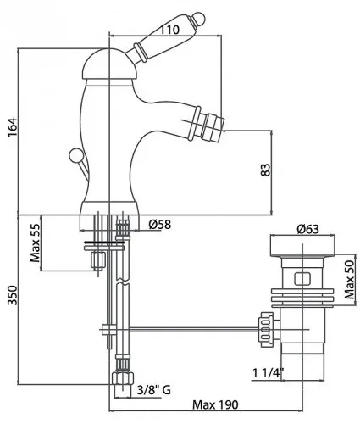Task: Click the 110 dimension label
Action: tap(169, 30)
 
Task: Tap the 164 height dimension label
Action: tap(13, 128)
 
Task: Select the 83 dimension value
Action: tap(265, 170)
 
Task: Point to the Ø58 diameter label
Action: tap(160, 225)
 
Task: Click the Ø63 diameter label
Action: tap(307, 229)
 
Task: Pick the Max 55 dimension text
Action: tap(36, 243)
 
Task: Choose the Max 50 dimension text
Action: tap(349, 280)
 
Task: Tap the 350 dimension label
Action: tap(13, 295)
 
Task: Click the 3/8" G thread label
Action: tap(154, 390)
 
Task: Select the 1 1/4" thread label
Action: tap(269, 373)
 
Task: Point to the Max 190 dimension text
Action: tap(215, 404)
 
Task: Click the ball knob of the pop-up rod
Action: tap(75, 155)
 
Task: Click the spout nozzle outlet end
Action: tap(214, 126)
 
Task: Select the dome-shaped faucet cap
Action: tap(110, 64)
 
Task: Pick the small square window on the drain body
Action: tap(302, 279)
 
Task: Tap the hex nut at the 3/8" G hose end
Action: tap(123, 379)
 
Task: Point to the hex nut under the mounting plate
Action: tap(97, 259)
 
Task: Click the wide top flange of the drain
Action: tap(303, 246)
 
